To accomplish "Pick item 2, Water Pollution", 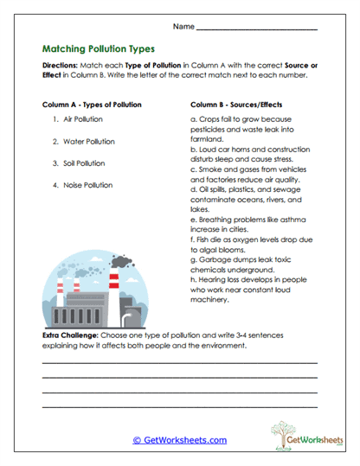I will tap(86, 140).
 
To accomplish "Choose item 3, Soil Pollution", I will tap(83, 163).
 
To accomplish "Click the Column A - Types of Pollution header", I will tap(92, 104).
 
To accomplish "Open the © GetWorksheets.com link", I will tap(179, 439).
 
